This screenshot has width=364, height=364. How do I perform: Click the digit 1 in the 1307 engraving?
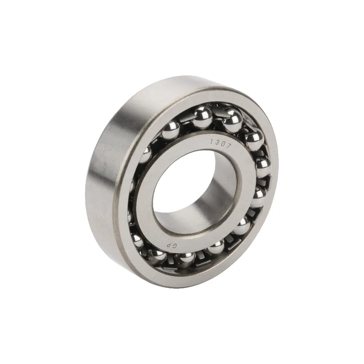click(212, 141)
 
